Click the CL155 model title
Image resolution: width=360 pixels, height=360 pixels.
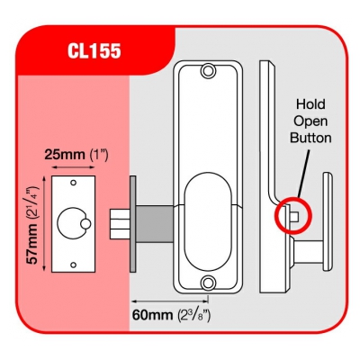[x=94, y=50]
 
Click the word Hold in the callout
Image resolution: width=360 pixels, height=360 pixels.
[x=310, y=104]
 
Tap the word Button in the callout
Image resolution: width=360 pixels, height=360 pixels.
[x=311, y=138]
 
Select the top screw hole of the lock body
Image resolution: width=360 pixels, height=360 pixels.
[x=207, y=71]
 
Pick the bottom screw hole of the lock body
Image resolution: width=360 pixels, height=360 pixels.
[x=207, y=282]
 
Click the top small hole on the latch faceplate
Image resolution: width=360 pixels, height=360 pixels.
[x=73, y=183]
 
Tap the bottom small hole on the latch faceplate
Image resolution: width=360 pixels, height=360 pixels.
[x=73, y=265]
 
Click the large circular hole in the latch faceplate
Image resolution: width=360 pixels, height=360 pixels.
[x=72, y=224]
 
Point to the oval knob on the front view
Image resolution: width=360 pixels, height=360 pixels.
[x=208, y=221]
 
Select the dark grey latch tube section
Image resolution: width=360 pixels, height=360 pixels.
[x=155, y=224]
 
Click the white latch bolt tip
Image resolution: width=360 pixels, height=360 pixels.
[x=120, y=224]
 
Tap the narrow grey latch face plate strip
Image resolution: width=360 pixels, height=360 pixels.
[x=133, y=224]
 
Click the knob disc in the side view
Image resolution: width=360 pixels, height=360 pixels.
[x=328, y=222]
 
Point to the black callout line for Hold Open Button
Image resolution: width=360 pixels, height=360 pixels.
[x=303, y=173]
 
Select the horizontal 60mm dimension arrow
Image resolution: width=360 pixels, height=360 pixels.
[x=170, y=301]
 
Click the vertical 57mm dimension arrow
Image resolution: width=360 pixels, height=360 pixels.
[x=45, y=224]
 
